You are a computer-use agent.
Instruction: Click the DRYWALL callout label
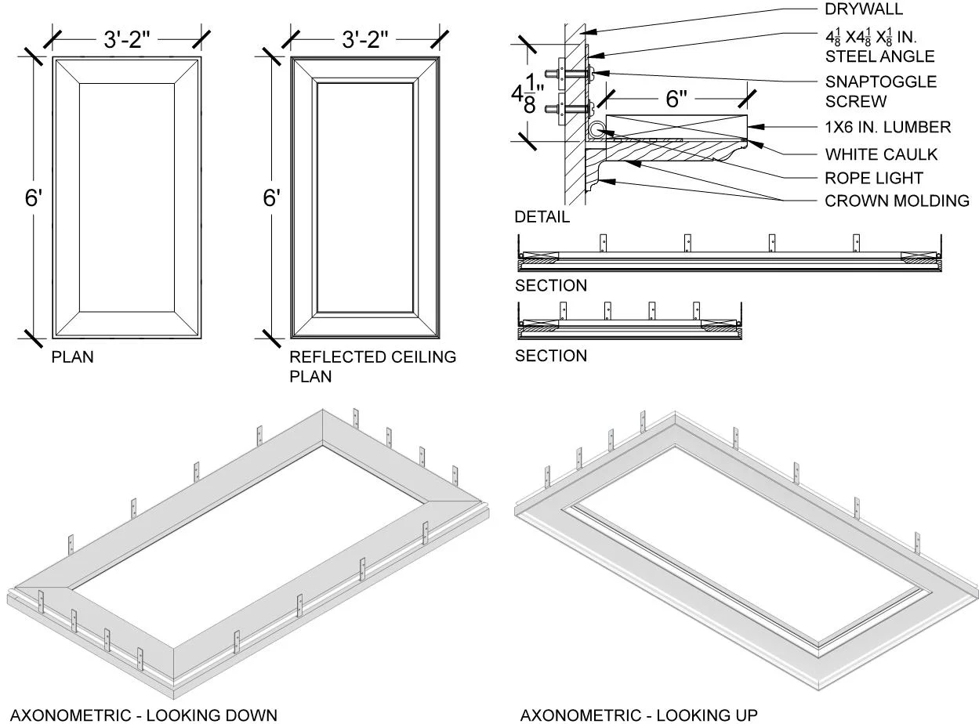pos(864,9)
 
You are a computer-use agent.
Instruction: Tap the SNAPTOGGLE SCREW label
pos(880,91)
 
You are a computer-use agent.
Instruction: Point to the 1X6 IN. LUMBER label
pos(887,127)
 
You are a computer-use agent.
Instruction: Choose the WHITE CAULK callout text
pos(881,154)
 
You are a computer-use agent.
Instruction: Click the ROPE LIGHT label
pos(874,178)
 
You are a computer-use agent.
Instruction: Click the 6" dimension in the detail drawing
pos(676,100)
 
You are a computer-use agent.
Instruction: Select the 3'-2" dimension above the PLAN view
pos(128,39)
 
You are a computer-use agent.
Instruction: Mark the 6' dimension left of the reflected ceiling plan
pos(271,198)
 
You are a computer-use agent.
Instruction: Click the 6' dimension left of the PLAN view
pos(33,198)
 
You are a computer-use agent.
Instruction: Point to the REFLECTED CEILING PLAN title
pos(372,366)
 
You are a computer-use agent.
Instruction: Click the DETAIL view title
pos(542,217)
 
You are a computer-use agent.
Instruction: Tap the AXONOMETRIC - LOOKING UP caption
pos(639,715)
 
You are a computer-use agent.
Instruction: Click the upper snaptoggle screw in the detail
pos(574,75)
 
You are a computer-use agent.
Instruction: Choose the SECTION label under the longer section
pos(550,285)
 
